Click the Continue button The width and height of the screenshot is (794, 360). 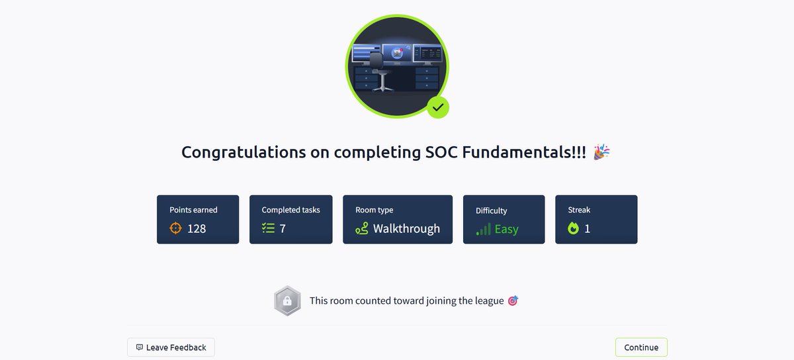coord(641,347)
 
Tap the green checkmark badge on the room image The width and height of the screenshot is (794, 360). coord(437,107)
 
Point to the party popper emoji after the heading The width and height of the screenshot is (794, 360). coord(601,152)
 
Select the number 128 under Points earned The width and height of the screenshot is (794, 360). coord(197,228)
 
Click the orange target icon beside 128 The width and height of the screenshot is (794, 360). coord(175,228)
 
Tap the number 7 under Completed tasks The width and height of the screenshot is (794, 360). coord(283,228)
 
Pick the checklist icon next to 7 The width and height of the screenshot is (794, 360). coord(268,228)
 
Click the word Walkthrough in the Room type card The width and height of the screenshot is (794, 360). coord(406,228)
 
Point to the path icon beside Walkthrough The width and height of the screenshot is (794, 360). coord(361,228)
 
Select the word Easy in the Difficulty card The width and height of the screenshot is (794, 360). coord(507,229)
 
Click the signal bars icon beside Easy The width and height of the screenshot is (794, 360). coord(484,229)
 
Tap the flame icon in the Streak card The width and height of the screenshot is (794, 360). coord(573,228)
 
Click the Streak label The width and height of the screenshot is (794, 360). coord(579,210)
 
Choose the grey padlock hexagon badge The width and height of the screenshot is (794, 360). coord(287,301)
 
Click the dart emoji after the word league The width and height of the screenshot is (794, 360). coord(513,300)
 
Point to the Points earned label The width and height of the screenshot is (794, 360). coord(193,210)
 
